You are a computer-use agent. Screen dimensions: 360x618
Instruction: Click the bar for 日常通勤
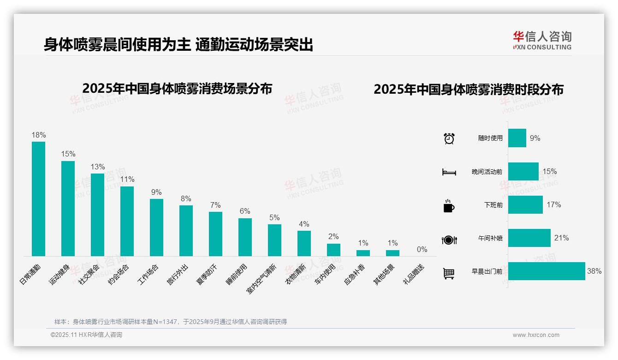38,198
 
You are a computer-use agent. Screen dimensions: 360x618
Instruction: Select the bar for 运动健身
68,208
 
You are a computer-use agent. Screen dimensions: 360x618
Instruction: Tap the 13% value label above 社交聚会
98,167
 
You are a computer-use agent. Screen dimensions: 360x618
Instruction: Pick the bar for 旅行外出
186,230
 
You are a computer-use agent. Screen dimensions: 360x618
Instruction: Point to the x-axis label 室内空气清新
262,279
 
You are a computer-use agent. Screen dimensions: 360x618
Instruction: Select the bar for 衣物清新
304,243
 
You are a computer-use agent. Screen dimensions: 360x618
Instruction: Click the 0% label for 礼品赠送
422,249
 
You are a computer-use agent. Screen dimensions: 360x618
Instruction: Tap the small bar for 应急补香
363,253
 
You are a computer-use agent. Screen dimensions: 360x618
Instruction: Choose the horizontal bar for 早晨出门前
547,271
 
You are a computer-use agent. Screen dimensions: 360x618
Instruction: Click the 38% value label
594,271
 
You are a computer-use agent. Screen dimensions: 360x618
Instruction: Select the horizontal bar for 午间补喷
529,238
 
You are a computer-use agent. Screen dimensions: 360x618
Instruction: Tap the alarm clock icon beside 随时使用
449,138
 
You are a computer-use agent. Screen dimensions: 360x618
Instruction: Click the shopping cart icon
449,273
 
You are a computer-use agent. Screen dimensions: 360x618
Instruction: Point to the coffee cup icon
449,206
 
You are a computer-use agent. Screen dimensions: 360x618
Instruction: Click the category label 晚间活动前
487,172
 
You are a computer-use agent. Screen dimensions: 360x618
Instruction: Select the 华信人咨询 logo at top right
542,40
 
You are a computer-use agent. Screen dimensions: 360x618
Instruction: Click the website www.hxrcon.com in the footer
536,335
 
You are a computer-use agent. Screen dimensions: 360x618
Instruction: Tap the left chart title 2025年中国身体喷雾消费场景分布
177,89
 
